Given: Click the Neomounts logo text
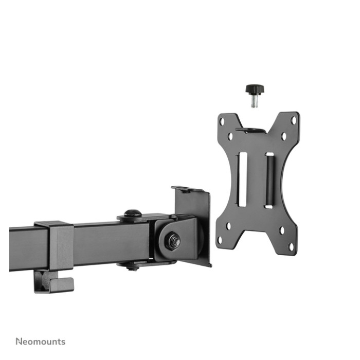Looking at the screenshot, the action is (41, 341).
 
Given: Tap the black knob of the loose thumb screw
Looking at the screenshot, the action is (255, 89).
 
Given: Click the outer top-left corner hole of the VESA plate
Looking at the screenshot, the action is (222, 121).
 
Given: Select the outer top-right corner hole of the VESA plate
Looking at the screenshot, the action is (294, 120).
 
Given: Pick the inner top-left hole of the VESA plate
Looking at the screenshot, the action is (230, 137).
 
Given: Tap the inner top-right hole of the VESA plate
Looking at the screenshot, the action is (284, 136).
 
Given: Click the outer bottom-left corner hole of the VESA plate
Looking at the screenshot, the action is (220, 240).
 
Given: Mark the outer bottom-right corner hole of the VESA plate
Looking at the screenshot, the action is (291, 247).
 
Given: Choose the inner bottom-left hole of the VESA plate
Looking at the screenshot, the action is (228, 226).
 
